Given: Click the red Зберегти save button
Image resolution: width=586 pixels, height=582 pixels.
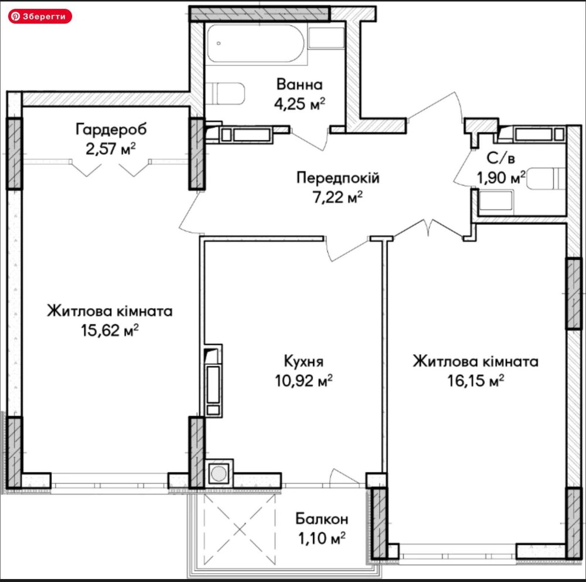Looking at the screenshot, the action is tap(40, 16).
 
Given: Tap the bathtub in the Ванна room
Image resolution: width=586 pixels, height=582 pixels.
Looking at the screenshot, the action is tap(255, 43).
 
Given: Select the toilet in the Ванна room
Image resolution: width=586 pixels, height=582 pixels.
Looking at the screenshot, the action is tap(225, 93).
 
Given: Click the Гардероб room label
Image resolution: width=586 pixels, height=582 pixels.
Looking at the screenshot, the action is tap(111, 129).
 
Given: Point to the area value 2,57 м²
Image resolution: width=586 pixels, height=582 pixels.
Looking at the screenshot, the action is tap(110, 148).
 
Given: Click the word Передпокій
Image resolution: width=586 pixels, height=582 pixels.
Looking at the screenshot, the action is tap(338, 177).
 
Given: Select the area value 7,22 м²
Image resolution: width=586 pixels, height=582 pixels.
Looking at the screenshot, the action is tap(338, 197).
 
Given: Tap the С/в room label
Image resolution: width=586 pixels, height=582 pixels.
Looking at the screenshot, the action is tap(501, 158).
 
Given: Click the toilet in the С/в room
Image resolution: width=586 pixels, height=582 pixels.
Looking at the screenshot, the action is tap(546, 178).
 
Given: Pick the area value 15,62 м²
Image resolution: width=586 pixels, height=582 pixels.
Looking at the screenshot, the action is tap(110, 330).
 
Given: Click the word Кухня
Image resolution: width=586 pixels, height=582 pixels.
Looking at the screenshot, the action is tap(304, 361).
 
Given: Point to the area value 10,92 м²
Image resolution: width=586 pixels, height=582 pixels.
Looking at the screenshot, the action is tap(304, 381).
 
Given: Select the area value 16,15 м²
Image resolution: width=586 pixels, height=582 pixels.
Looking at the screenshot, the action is tap(476, 381).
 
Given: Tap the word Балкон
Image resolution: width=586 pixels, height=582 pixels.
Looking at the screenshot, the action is tap(322, 519).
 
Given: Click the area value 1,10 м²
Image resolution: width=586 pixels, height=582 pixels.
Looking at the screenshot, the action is tap(321, 539).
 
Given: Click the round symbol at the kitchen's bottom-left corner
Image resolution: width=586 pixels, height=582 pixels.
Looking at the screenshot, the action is tap(219, 473).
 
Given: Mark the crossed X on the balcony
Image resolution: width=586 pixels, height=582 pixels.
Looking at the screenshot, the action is tap(240, 529).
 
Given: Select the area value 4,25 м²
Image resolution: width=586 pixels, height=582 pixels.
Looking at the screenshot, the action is tap(299, 104).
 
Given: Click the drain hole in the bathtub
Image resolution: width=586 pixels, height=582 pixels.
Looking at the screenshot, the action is tap(219, 43).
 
